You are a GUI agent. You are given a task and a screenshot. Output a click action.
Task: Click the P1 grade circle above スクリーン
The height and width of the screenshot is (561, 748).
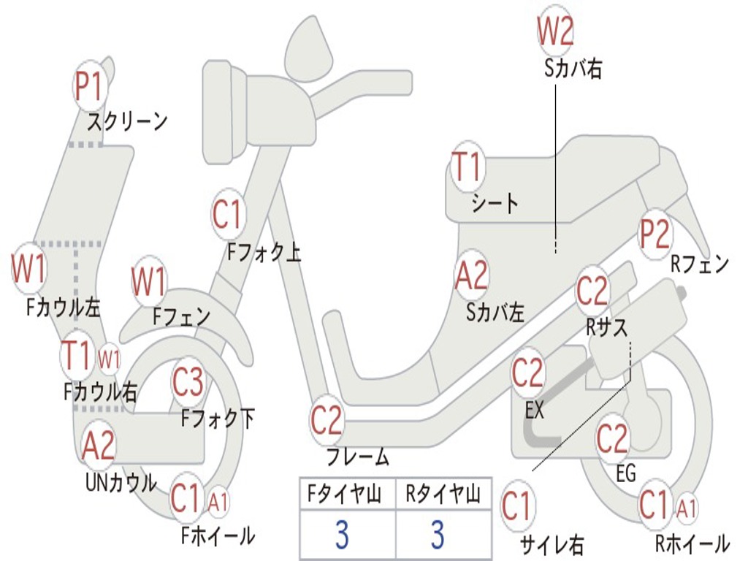click(91, 87)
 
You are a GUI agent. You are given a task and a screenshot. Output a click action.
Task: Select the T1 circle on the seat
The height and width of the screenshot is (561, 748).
click(467, 169)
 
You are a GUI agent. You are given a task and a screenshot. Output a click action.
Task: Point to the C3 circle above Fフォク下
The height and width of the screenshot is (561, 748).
click(188, 382)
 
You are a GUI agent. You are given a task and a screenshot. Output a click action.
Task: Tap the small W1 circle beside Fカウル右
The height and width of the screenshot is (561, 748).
click(109, 359)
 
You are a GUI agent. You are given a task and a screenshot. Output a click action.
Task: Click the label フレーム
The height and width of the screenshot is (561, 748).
click(357, 458)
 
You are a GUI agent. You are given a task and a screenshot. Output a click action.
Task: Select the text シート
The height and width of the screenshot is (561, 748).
click(495, 203)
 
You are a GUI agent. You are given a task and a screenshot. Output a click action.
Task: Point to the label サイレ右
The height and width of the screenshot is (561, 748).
click(552, 544)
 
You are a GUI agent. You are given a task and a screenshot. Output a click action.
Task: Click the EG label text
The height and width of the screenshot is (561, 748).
click(626, 474)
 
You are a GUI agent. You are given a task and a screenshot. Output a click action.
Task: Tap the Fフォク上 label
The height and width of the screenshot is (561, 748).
click(264, 253)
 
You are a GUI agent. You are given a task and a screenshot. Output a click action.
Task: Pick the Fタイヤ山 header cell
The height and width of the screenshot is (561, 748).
click(347, 497)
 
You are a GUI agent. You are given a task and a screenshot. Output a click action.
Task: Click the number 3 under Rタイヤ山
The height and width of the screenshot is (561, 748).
click(438, 535)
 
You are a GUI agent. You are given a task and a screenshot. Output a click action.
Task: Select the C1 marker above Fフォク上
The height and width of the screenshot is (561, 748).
click(228, 215)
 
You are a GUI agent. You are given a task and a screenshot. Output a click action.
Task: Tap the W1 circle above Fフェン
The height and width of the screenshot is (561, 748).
click(150, 281)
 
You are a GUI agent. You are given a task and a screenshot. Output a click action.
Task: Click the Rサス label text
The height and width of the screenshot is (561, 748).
click(606, 328)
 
